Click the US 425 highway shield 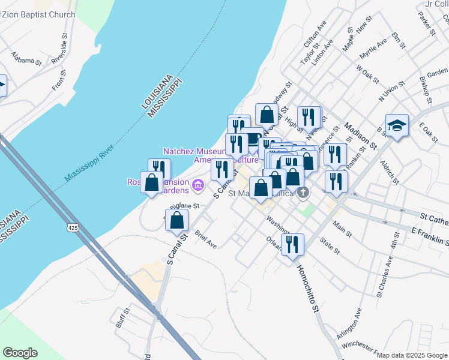pyautogui.click(x=73, y=228)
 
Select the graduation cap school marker pyautogui.click(x=397, y=126)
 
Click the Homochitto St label pyautogui.click(x=306, y=288)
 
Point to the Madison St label pyautogui.click(x=360, y=136)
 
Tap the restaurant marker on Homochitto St pyautogui.click(x=292, y=245)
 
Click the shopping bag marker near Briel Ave pyautogui.click(x=176, y=220)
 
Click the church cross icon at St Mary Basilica pyautogui.click(x=304, y=193)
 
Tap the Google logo pyautogui.click(x=20, y=353)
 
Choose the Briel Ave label pyautogui.click(x=205, y=241)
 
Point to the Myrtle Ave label pyautogui.click(x=373, y=49)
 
